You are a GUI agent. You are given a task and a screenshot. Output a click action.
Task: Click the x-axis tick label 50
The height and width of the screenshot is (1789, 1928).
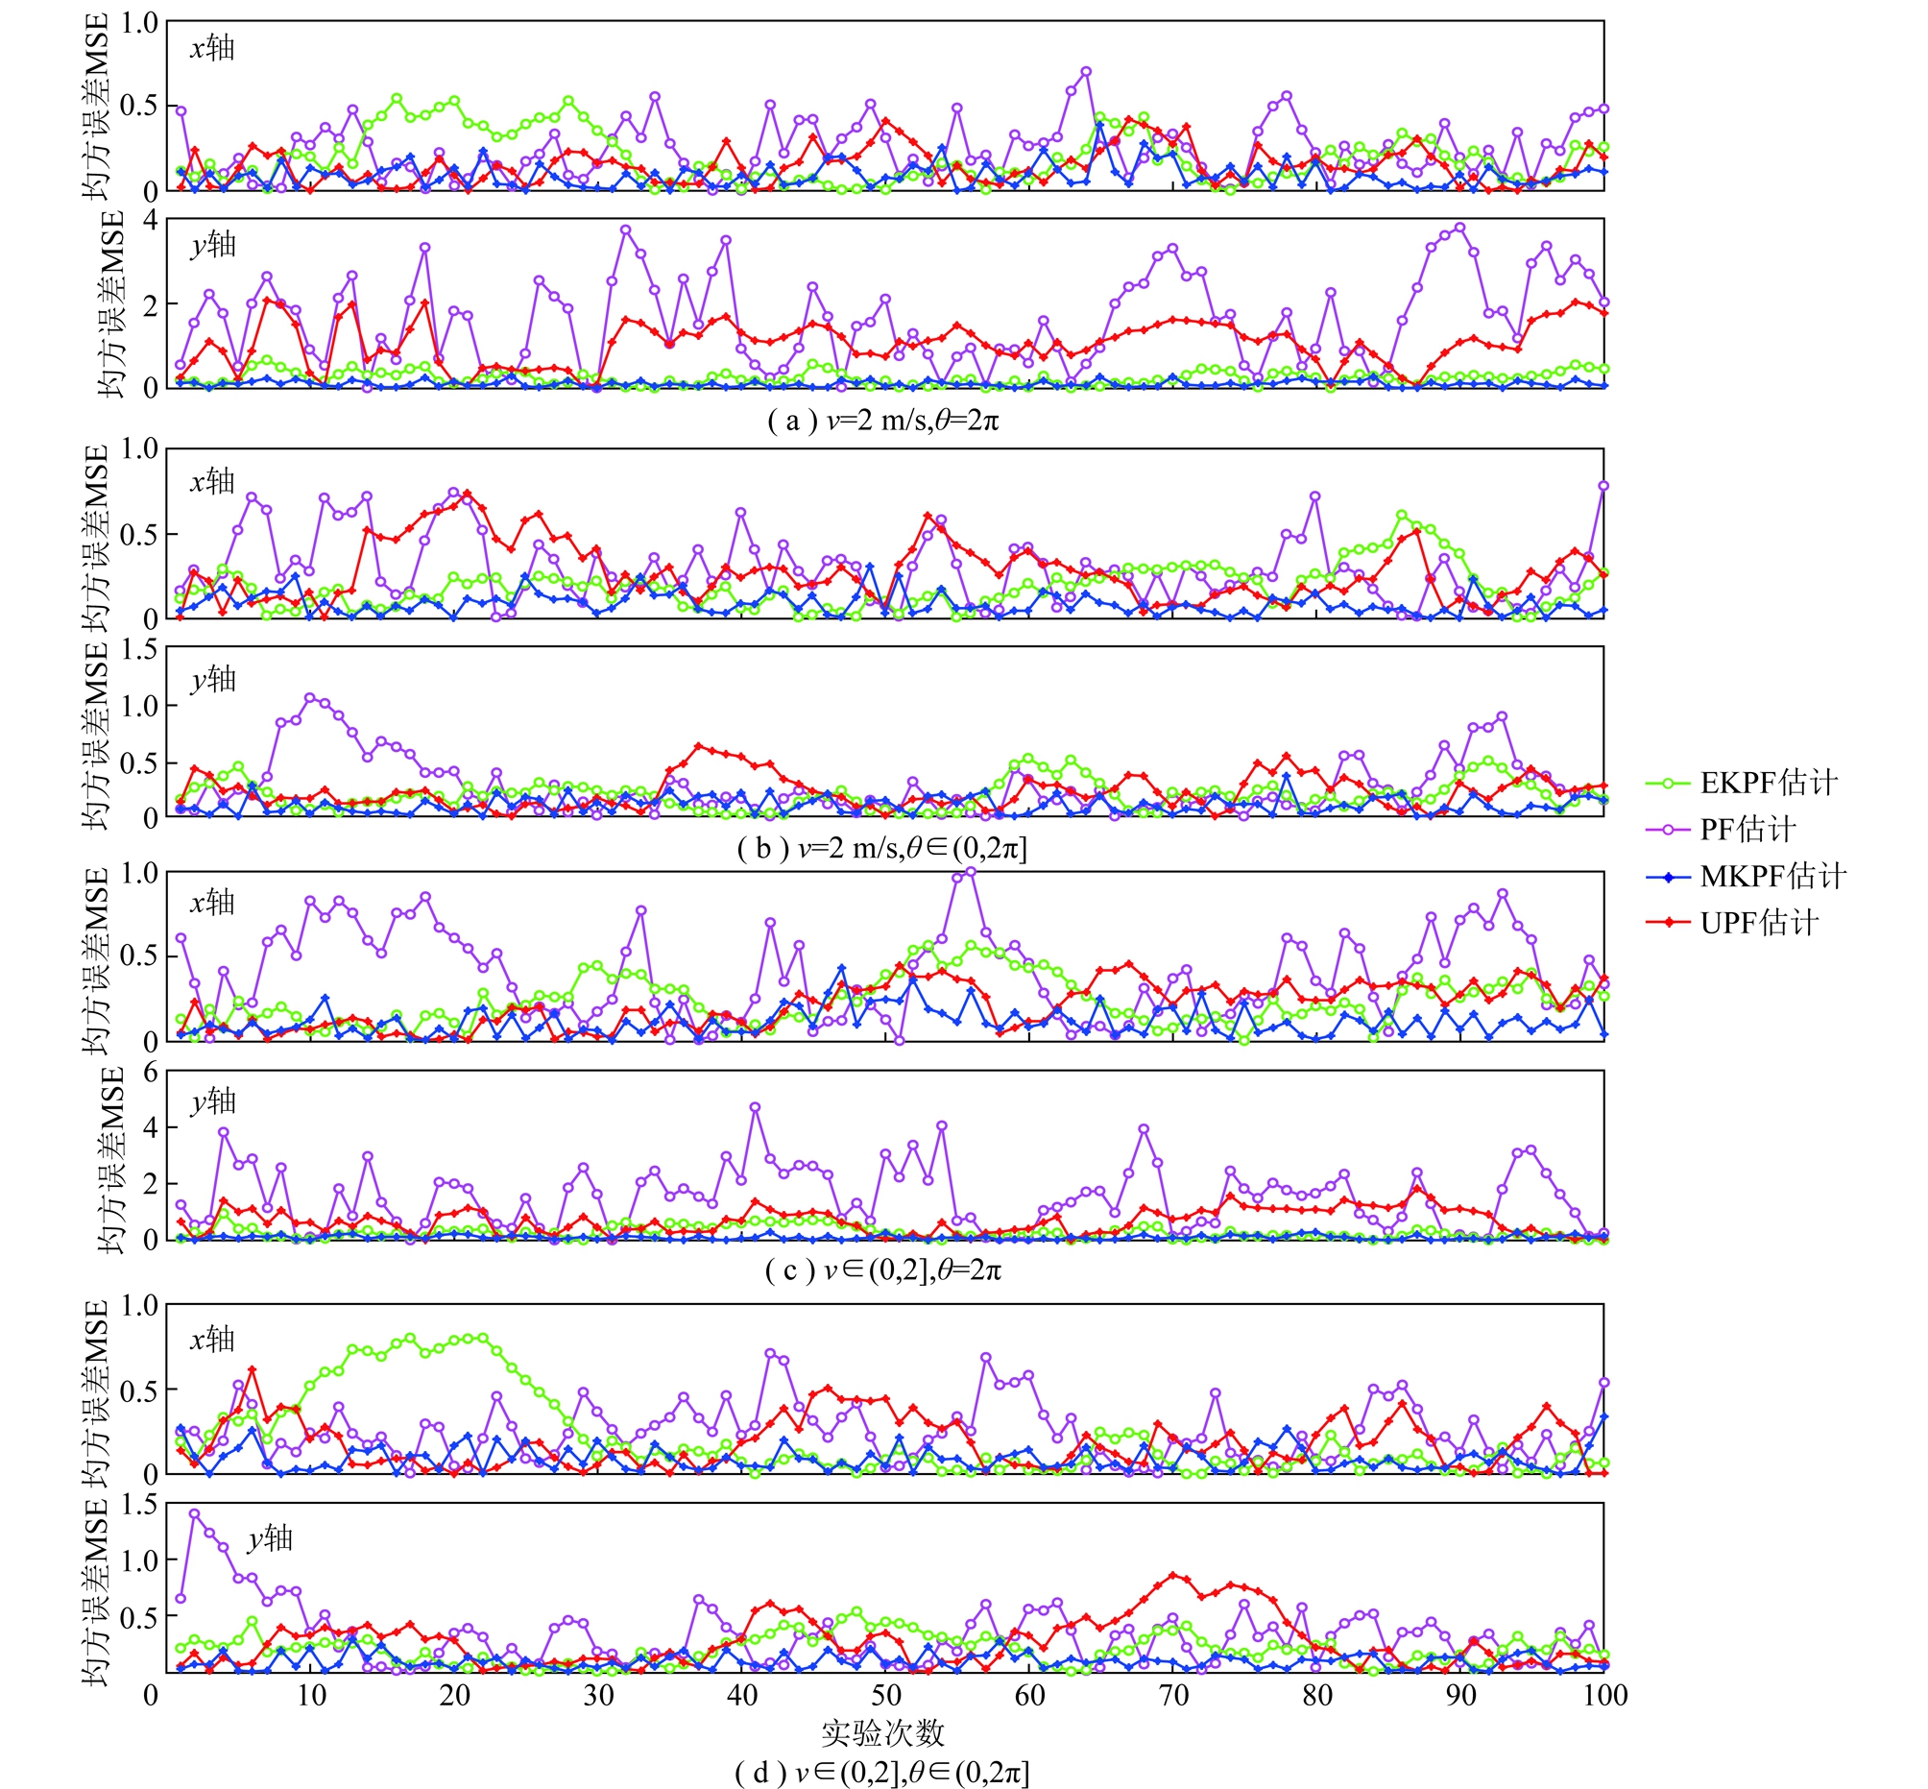(885, 1695)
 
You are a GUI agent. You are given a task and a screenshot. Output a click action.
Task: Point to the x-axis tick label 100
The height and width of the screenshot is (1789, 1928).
(1603, 1695)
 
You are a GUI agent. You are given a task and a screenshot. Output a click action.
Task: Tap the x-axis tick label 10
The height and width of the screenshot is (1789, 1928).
(311, 1695)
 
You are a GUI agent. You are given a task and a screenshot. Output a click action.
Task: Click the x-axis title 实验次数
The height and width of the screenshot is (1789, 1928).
(882, 1732)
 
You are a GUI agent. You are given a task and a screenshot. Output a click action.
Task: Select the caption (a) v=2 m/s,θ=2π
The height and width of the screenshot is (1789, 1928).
(882, 422)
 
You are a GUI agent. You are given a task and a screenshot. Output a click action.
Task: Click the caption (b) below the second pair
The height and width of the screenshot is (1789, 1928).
(882, 849)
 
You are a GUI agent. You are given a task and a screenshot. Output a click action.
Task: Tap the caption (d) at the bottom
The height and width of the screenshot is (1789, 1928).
(882, 1773)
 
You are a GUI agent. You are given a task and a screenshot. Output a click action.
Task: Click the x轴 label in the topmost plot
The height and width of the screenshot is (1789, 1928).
(212, 47)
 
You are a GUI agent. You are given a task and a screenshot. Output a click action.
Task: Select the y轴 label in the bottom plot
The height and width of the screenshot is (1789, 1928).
(269, 1538)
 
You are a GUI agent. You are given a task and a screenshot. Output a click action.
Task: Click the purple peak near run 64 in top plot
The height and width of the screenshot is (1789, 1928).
(1086, 72)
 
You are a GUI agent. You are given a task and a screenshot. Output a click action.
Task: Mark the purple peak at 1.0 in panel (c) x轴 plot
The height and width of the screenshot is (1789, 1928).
(971, 872)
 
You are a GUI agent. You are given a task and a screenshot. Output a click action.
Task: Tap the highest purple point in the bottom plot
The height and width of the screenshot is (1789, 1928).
(195, 1513)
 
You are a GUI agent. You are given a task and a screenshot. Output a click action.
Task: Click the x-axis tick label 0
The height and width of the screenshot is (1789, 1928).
(151, 1695)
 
